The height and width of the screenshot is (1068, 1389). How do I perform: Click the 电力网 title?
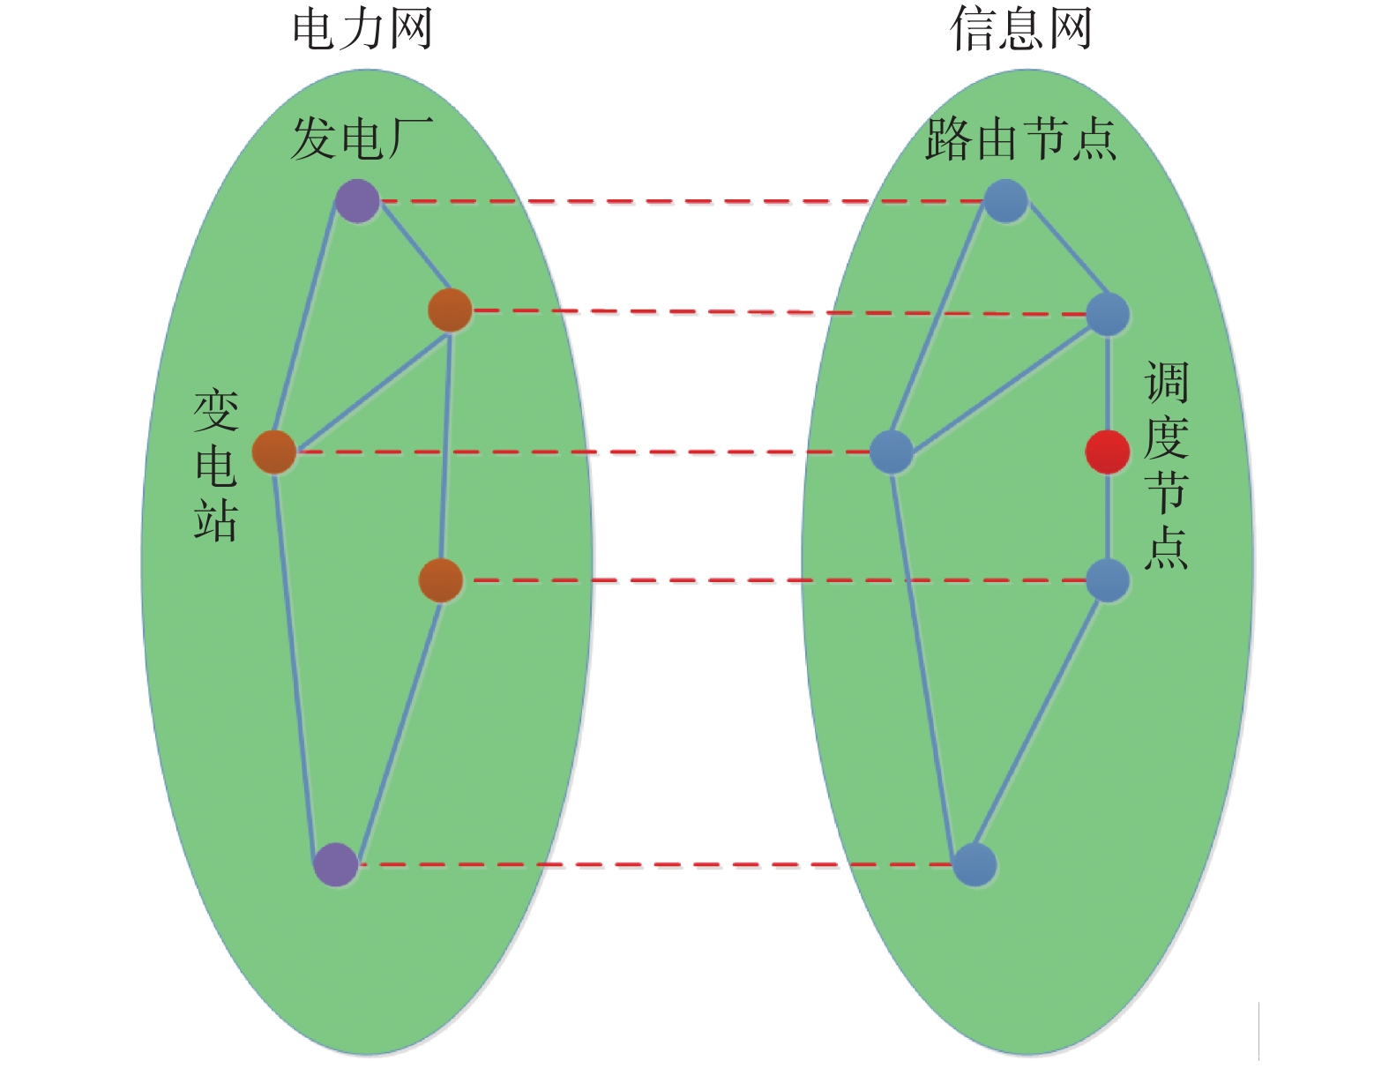click(x=362, y=29)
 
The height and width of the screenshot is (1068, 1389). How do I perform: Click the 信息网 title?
click(x=1021, y=29)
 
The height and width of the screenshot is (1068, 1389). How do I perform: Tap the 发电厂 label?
click(x=362, y=139)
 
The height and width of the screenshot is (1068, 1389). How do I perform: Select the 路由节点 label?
click(x=1020, y=139)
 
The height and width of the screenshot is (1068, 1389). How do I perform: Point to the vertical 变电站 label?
click(x=216, y=465)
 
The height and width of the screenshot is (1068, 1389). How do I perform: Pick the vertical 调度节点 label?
click(x=1166, y=465)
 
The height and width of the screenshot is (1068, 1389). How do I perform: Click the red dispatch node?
click(x=1107, y=452)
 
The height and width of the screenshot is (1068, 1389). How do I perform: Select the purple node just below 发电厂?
click(x=357, y=201)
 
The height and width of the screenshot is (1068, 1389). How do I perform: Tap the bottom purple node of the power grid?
click(x=336, y=864)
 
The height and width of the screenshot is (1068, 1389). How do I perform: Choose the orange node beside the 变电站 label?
click(x=274, y=452)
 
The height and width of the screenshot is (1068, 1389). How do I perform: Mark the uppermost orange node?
click(x=450, y=310)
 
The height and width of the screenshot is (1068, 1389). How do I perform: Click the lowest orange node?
click(x=440, y=580)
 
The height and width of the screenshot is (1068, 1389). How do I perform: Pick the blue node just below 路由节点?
click(x=1005, y=201)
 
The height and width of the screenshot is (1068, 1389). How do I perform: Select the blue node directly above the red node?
click(x=1108, y=314)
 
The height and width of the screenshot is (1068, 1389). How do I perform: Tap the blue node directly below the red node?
click(x=1108, y=580)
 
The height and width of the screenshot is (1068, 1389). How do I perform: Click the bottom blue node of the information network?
click(x=975, y=864)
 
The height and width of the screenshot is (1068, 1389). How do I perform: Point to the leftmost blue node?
click(x=892, y=452)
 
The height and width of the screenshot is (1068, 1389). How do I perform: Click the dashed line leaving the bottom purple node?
click(x=653, y=864)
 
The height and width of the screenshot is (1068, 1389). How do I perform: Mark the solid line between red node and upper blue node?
click(x=1108, y=384)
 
